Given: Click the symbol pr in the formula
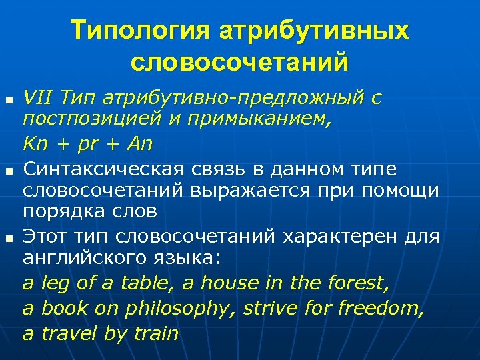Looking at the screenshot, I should tap(85, 143).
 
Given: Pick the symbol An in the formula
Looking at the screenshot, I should tap(141, 143).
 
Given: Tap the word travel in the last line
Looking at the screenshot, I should tap(70, 333).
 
